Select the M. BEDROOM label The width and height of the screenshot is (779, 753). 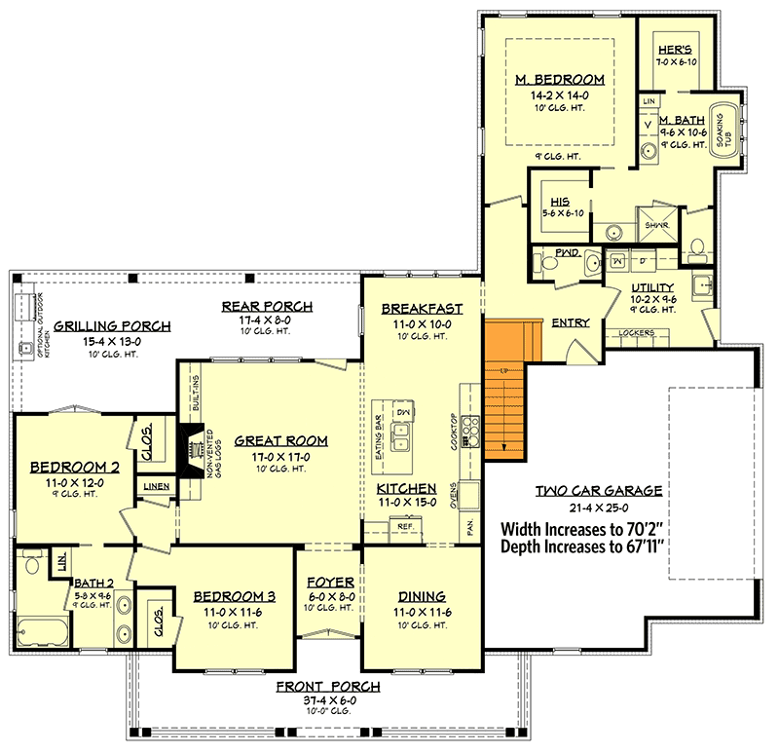pyautogui.click(x=560, y=80)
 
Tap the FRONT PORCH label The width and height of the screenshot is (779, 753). pyautogui.click(x=327, y=687)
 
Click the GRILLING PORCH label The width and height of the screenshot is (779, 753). pyautogui.click(x=112, y=325)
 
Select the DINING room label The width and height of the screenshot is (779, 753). pyautogui.click(x=422, y=596)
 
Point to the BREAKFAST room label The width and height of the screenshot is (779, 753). pyautogui.click(x=422, y=309)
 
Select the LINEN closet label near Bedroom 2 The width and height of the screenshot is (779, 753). pyautogui.click(x=156, y=485)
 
